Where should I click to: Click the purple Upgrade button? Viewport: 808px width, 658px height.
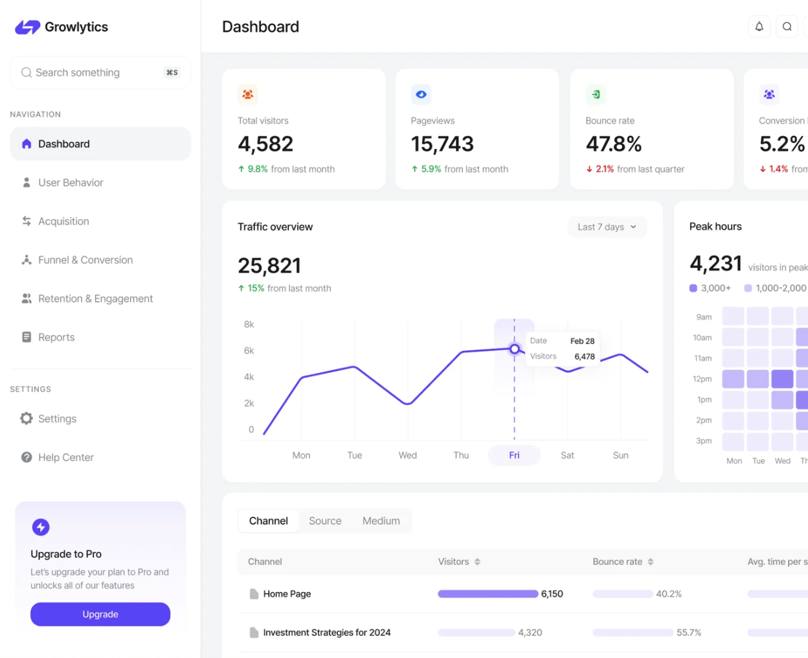coord(100,614)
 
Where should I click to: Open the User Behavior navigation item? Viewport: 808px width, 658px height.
coord(71,183)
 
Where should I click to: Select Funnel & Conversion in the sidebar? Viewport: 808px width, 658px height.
coord(85,260)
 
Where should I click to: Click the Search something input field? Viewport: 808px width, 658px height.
coord(91,73)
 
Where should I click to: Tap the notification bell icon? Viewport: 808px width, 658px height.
coord(759,27)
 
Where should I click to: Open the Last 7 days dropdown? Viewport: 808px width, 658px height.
coord(607,227)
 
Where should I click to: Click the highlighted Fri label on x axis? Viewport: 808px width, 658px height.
coord(514,455)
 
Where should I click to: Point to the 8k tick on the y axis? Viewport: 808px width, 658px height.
coord(249,324)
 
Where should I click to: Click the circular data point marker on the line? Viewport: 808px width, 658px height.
coord(515,349)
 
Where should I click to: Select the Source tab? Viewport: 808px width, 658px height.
coord(325,521)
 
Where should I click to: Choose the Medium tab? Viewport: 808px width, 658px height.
coord(381,521)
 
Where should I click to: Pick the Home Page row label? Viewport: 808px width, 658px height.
coord(287,594)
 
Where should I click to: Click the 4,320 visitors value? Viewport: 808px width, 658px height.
coord(530,633)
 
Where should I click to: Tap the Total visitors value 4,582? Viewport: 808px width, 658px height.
coord(265,144)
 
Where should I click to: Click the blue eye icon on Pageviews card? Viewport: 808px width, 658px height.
coord(421,95)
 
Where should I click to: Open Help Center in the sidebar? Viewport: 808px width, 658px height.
coord(65,457)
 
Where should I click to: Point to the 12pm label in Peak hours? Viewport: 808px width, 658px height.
coord(702,379)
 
